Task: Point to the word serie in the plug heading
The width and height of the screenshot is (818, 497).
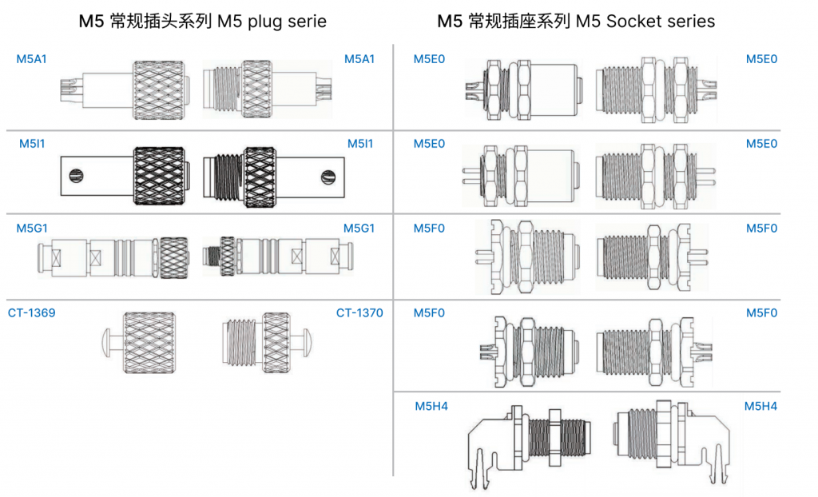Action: pos(309,22)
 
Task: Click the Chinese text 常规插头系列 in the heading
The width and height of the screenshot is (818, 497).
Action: pos(161,22)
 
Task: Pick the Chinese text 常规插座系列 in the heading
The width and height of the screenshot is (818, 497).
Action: pos(519,22)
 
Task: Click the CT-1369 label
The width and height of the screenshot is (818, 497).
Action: pos(31,312)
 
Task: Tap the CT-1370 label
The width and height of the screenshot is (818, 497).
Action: pos(359,312)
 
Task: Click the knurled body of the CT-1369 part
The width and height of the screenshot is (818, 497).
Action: pos(149,343)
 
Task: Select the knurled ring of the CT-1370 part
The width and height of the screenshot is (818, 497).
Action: pos(276,343)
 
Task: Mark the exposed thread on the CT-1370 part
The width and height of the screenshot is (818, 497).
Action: pos(243,343)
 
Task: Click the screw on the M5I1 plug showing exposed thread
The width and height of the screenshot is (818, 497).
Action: pos(328,177)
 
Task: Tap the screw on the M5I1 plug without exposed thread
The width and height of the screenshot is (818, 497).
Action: pos(77,176)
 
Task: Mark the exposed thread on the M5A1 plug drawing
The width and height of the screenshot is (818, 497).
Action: pos(228,89)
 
